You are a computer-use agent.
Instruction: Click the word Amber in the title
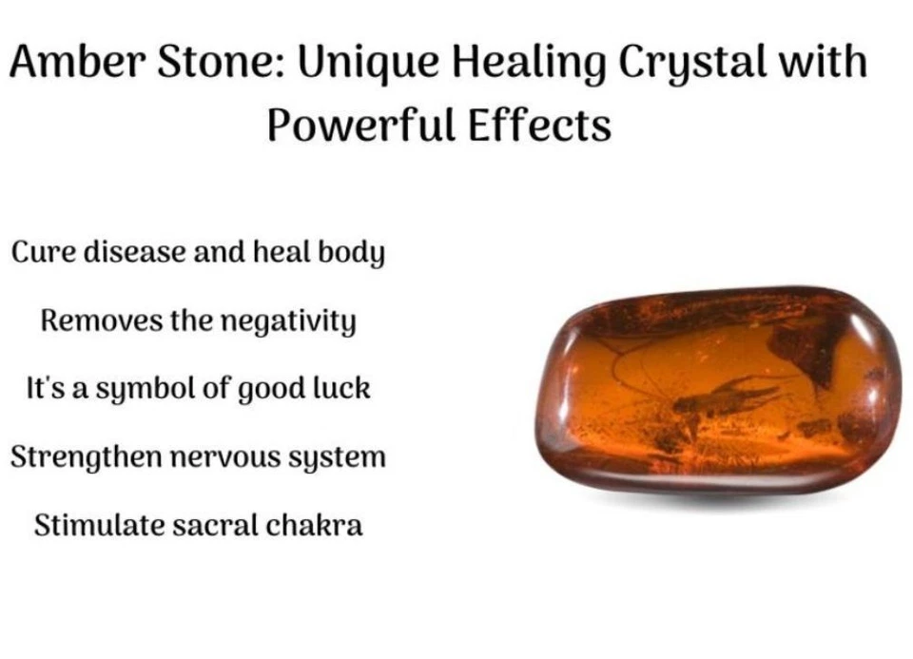click(77, 61)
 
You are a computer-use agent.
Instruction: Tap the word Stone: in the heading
click(222, 61)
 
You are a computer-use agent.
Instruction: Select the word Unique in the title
click(368, 64)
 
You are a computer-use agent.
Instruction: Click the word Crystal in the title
click(691, 64)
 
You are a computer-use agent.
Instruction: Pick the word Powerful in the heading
click(361, 125)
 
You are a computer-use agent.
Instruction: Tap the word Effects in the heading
click(540, 125)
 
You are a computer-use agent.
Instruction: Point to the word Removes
click(102, 320)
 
